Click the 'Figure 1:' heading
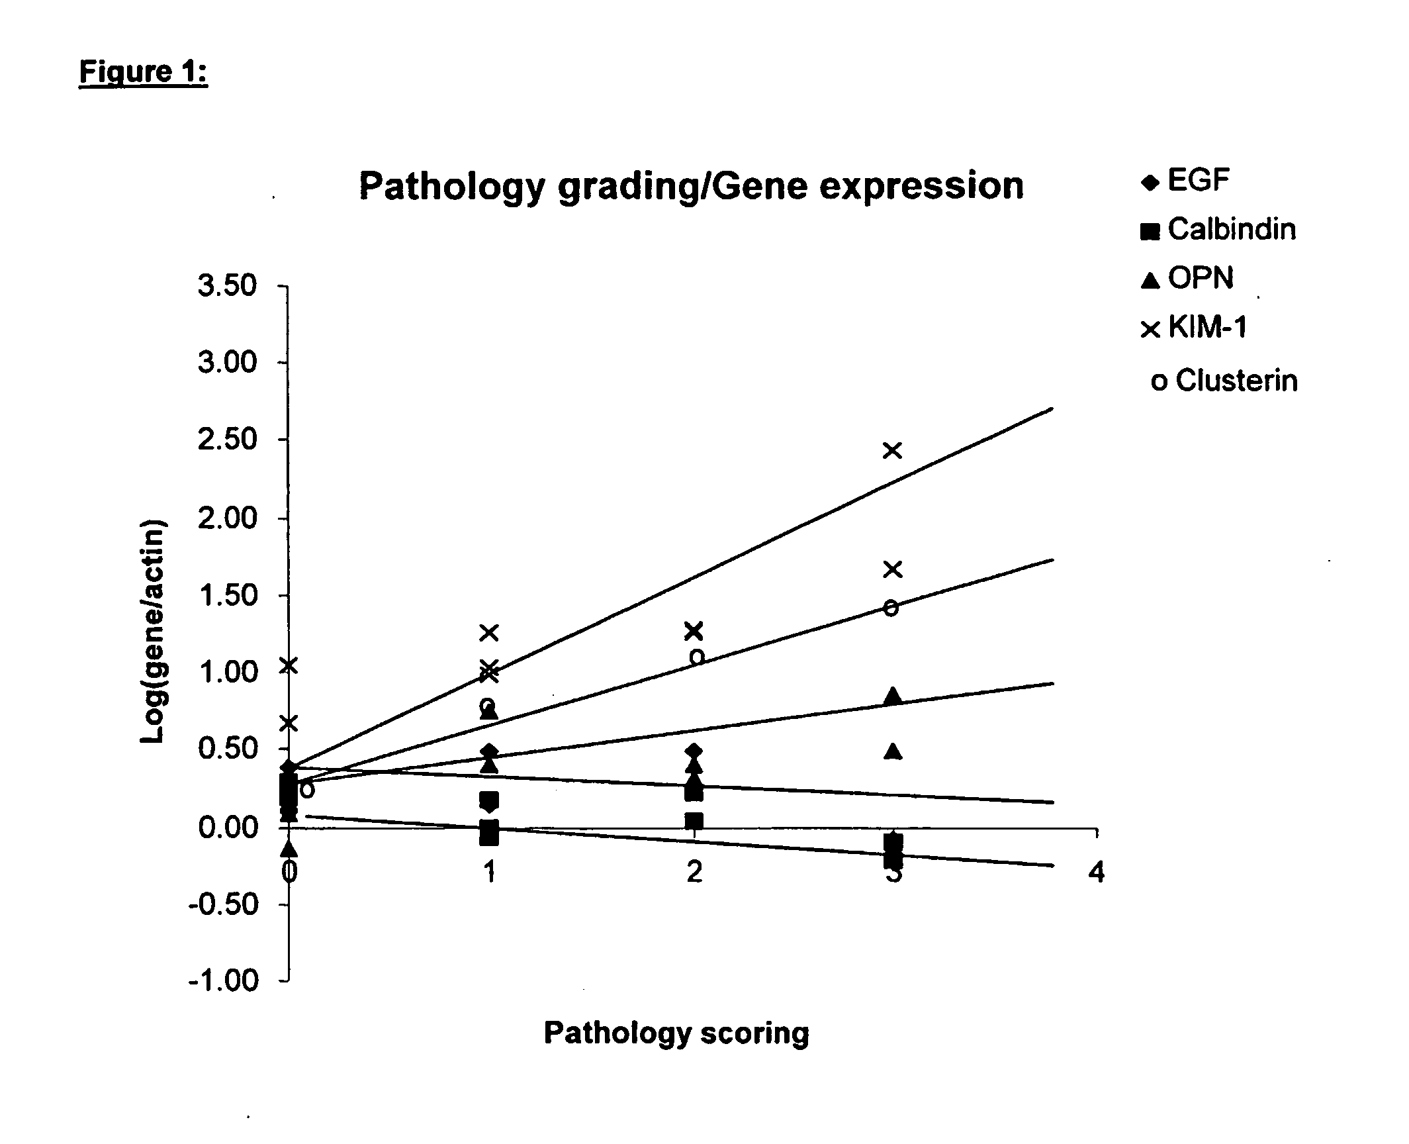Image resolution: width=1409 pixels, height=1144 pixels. click(x=143, y=71)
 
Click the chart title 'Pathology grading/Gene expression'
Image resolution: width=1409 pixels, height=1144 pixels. click(x=691, y=186)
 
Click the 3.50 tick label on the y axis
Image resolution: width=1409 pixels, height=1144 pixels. click(x=226, y=286)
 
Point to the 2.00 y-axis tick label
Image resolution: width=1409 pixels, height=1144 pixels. click(x=226, y=518)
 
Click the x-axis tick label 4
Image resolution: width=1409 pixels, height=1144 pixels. click(x=1097, y=872)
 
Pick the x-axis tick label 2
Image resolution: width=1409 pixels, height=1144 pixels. click(x=694, y=872)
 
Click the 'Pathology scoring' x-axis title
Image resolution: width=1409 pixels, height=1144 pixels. click(x=676, y=1032)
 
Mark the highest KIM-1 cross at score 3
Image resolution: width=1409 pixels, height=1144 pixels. click(x=893, y=451)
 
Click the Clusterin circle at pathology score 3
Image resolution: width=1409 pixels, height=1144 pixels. click(x=891, y=608)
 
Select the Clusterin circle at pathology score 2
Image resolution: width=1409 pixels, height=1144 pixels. click(x=697, y=657)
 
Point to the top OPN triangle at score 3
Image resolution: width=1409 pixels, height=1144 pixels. click(x=893, y=695)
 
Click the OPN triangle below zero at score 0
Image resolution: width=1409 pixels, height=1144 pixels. click(x=289, y=847)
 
